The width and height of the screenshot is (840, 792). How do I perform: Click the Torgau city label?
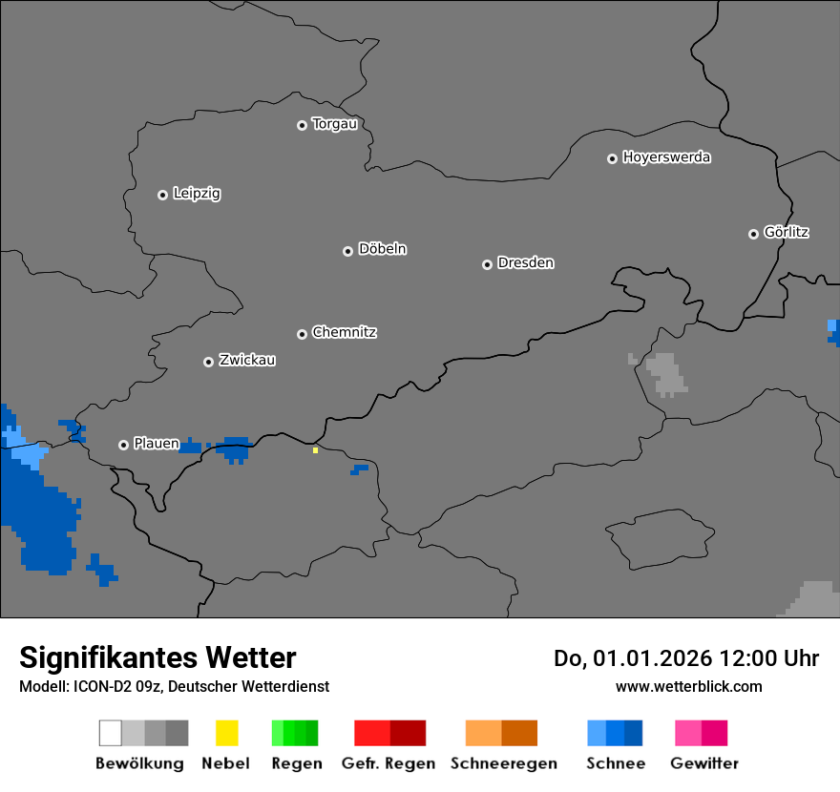click(334, 124)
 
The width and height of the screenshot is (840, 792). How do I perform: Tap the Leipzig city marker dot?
click(162, 195)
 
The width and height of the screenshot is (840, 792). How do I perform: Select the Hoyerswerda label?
click(666, 157)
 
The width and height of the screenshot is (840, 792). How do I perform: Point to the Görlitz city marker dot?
click(753, 234)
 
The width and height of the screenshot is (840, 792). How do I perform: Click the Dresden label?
click(525, 262)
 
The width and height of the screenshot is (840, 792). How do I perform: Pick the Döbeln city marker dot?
click(347, 251)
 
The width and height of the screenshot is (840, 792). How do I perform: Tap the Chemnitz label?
click(345, 332)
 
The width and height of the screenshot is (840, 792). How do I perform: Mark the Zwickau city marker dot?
click(208, 362)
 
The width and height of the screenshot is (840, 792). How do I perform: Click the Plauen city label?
click(157, 444)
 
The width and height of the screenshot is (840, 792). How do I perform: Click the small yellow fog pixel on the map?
click(315, 449)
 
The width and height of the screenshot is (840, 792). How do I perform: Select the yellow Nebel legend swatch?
click(226, 733)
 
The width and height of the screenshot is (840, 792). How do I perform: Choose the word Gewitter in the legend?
click(704, 763)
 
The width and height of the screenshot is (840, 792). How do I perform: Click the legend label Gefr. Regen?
click(388, 763)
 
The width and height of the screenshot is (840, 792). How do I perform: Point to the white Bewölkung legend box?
click(111, 733)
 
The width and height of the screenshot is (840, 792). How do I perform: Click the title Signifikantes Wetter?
click(157, 657)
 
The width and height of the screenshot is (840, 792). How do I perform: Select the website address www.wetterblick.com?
click(688, 686)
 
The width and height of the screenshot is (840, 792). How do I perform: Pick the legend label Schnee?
click(616, 763)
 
